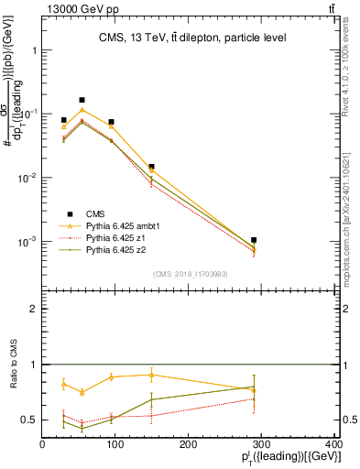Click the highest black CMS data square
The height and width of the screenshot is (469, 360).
pos(82,100)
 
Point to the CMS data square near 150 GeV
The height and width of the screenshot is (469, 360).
pos(151,167)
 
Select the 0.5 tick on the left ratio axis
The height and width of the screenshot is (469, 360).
pos(30,420)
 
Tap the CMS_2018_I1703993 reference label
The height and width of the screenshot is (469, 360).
pos(191,274)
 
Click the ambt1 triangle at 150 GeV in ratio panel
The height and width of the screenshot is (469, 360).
pos(151,374)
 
